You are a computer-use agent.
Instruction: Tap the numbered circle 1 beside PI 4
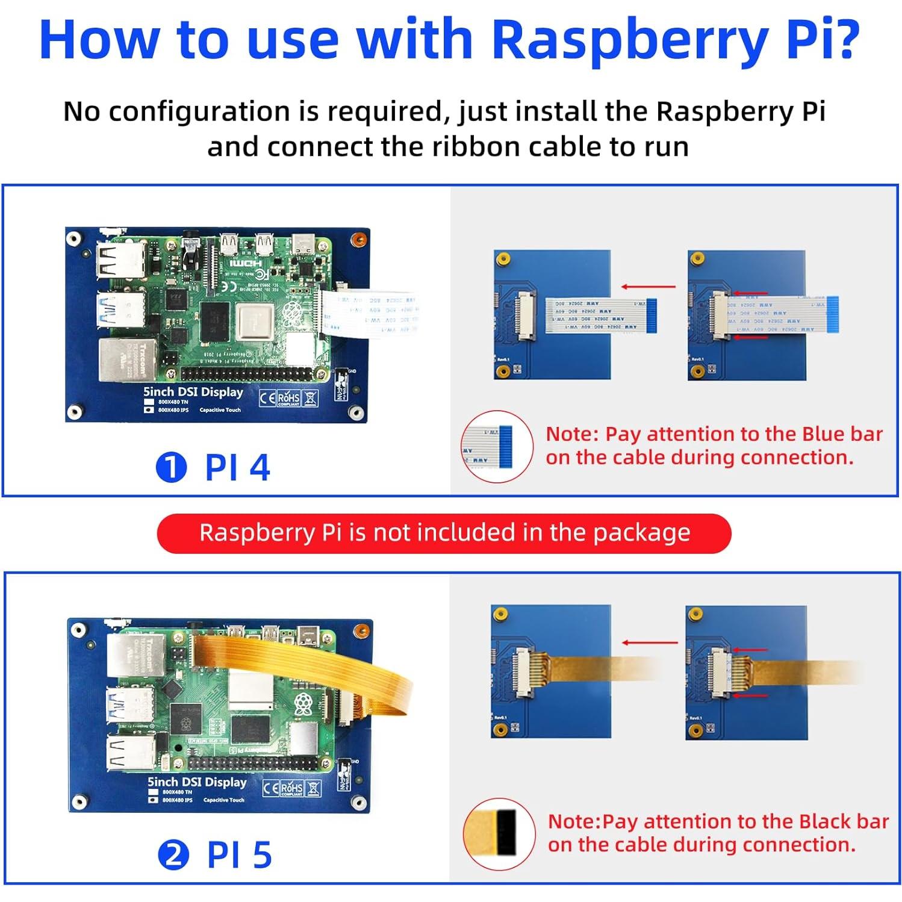pos(171,467)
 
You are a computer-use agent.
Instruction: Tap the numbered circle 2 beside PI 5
pos(173,855)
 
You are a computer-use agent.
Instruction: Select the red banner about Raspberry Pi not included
pos(444,533)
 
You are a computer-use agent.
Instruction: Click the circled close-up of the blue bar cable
pos(497,446)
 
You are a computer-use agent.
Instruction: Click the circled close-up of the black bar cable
pos(499,834)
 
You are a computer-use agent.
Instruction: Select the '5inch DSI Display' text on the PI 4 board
pos(193,392)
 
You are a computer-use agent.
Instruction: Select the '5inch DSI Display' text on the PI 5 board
pos(197,782)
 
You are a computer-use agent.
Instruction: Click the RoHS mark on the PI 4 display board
pos(288,398)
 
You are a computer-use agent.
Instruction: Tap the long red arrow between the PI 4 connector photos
pos(648,287)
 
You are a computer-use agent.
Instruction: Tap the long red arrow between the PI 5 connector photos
pos(649,642)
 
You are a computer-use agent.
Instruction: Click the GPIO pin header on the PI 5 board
pos(253,764)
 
